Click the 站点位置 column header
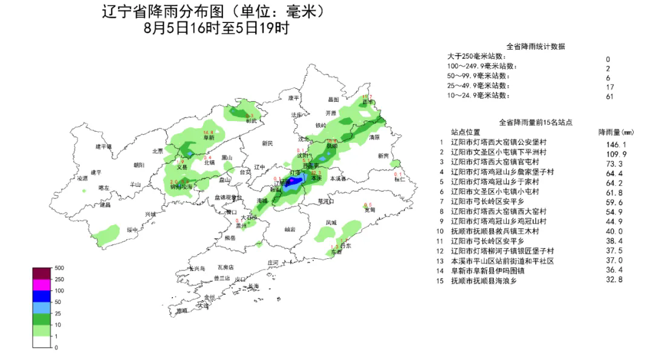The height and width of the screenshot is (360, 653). [466, 133]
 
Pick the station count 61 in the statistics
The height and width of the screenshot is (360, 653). [608, 96]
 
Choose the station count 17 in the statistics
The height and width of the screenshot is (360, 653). [608, 87]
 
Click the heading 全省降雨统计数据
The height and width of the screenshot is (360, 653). [535, 47]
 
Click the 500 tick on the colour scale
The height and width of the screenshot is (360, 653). [59, 267]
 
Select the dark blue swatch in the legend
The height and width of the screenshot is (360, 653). [42, 295]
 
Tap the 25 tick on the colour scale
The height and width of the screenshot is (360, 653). [58, 313]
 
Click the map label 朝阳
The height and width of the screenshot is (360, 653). [139, 165]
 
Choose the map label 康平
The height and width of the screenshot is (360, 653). [293, 97]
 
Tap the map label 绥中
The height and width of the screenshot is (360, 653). [132, 230]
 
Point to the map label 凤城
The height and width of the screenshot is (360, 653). [331, 223]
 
